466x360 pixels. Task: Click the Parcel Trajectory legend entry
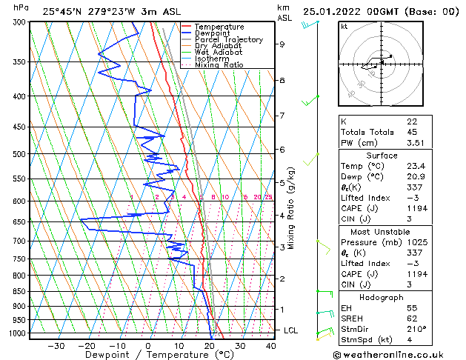228,40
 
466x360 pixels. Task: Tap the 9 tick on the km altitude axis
282,44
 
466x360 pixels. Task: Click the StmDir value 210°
416,329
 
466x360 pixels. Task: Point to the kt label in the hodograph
344,26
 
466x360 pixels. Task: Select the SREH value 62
412,318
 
